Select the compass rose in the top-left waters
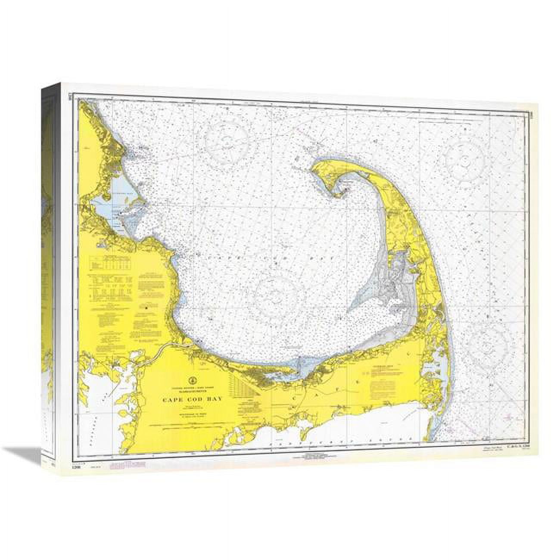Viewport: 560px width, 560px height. tap(227, 139)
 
